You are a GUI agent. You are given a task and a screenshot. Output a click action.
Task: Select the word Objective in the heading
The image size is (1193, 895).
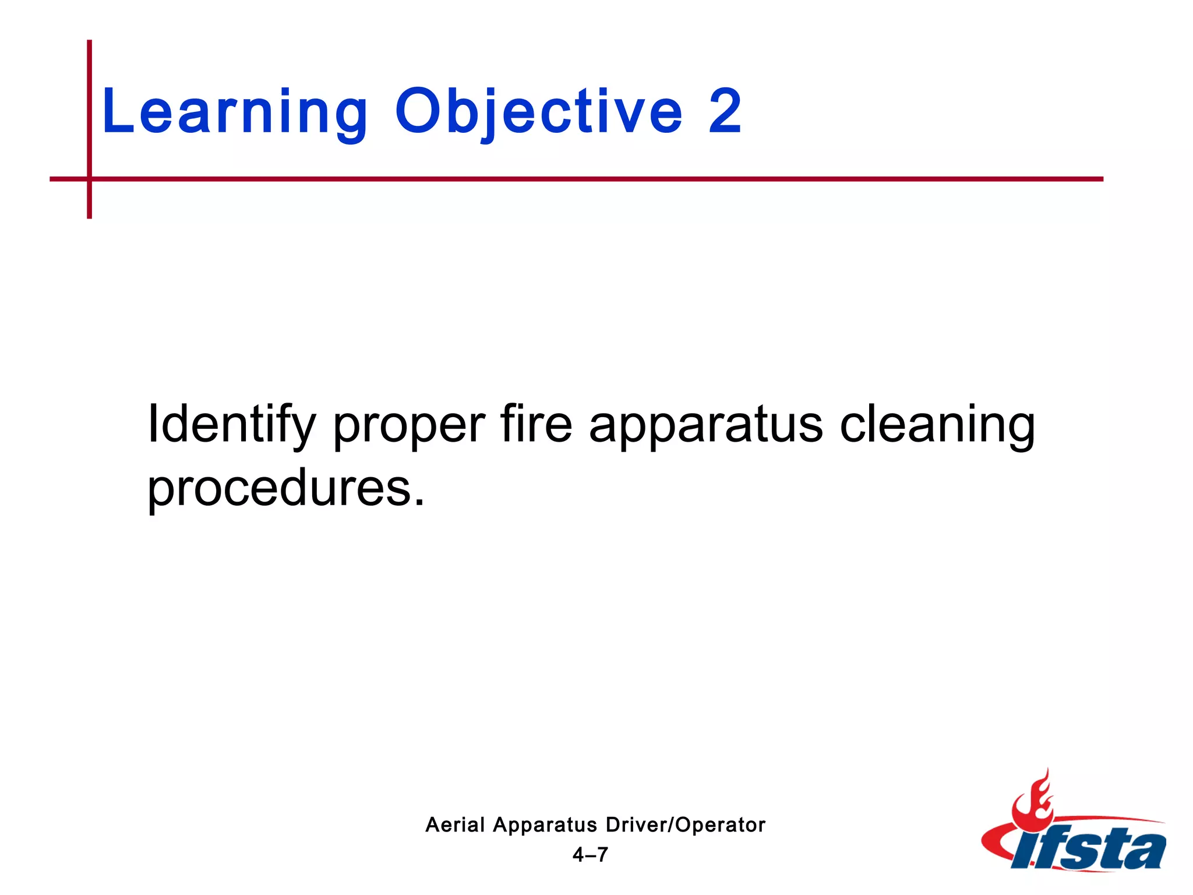pyautogui.click(x=538, y=112)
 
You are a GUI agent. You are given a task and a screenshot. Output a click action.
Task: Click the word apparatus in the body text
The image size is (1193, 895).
pyautogui.click(x=705, y=428)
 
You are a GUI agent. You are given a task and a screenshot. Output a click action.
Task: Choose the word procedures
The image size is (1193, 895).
pyautogui.click(x=280, y=489)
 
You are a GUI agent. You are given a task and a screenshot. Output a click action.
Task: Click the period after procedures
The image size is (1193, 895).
pyautogui.click(x=419, y=502)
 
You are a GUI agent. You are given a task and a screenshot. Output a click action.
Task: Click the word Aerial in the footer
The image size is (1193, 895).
pyautogui.click(x=455, y=825)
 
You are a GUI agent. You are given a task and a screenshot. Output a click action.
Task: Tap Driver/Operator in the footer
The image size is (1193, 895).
pyautogui.click(x=685, y=825)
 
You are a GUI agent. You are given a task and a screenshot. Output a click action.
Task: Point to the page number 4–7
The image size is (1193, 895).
pyautogui.click(x=590, y=855)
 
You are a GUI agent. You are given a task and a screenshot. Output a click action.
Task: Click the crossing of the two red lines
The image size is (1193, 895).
pyautogui.click(x=90, y=179)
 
